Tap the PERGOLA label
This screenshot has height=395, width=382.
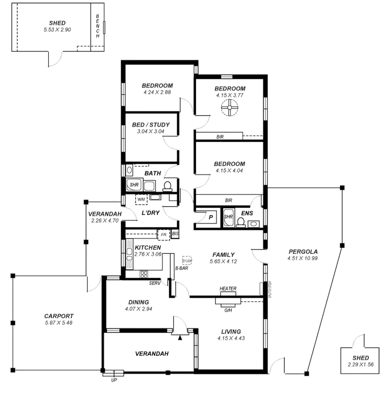[x=303, y=251]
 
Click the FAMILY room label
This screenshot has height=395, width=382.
[x=224, y=255]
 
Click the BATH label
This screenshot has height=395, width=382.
[x=153, y=174]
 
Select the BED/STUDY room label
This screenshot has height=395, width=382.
[x=150, y=125]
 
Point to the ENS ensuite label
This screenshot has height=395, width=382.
[x=247, y=213]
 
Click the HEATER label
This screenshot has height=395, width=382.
[x=228, y=289]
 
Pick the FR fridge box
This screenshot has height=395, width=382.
[x=163, y=234]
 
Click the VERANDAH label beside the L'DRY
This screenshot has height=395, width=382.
[x=104, y=214]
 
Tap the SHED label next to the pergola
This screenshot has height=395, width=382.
[x=357, y=358]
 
